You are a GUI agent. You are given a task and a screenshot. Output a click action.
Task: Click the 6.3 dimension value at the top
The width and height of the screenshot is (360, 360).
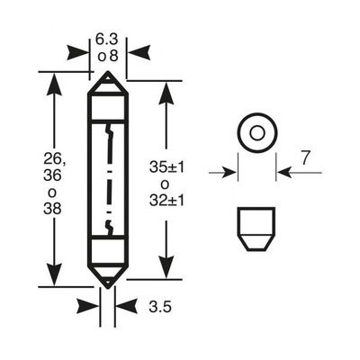[x=107, y=40]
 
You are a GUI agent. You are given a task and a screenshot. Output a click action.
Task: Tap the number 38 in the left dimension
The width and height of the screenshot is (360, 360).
[x=52, y=209]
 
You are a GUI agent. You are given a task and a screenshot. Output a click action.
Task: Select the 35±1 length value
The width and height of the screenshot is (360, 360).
[x=166, y=167]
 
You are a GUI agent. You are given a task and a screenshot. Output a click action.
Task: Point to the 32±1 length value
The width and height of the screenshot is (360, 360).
[x=166, y=201]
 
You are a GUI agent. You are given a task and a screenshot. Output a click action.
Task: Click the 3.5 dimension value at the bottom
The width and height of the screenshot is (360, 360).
[x=160, y=307]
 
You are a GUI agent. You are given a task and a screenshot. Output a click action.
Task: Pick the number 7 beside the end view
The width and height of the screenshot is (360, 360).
[x=305, y=158]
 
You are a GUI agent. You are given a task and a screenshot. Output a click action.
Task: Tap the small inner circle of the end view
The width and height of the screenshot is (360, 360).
[x=257, y=133]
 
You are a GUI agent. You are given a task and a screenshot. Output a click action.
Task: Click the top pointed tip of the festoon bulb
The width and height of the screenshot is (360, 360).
[x=108, y=72]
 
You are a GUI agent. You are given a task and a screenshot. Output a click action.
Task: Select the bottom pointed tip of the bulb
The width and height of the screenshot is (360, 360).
[x=108, y=287]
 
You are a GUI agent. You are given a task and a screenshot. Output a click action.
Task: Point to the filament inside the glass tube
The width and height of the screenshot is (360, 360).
[x=108, y=179]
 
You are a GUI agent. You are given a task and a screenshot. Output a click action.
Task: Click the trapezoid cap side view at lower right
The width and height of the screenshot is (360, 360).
[x=256, y=229]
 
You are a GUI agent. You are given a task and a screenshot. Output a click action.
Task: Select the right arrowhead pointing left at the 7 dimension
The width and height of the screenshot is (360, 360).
[x=284, y=173]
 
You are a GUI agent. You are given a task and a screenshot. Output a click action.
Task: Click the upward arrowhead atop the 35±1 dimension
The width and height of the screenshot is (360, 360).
[x=166, y=93]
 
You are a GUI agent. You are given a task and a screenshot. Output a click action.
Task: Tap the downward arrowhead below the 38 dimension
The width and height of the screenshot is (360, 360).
[x=54, y=274]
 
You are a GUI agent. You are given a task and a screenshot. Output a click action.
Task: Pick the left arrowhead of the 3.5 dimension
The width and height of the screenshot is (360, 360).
[x=88, y=307]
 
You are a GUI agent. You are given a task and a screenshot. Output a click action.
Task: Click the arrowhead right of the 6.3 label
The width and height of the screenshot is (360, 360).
[x=139, y=52]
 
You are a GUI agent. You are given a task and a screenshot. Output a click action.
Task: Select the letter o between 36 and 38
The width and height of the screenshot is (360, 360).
[x=52, y=193]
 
